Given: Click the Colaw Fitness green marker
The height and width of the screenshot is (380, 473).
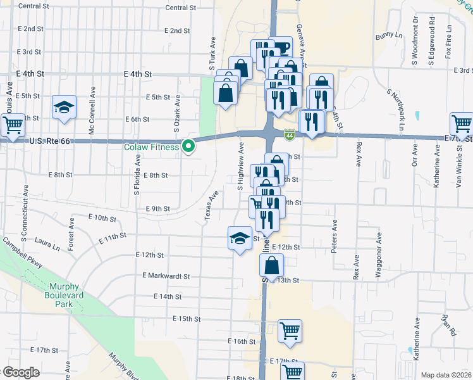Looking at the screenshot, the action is [x=188, y=147].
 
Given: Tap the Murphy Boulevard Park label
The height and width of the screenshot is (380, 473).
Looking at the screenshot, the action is [x=63, y=294].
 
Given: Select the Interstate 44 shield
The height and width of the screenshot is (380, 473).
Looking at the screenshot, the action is [x=288, y=134].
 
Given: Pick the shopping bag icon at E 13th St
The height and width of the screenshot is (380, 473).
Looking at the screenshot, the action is [x=271, y=265].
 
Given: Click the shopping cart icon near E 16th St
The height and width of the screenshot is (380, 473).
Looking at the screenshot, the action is [x=290, y=331].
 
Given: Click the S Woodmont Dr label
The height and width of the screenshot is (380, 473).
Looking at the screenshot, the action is [x=415, y=41].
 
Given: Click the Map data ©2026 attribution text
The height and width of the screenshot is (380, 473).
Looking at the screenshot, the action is [x=445, y=375].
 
